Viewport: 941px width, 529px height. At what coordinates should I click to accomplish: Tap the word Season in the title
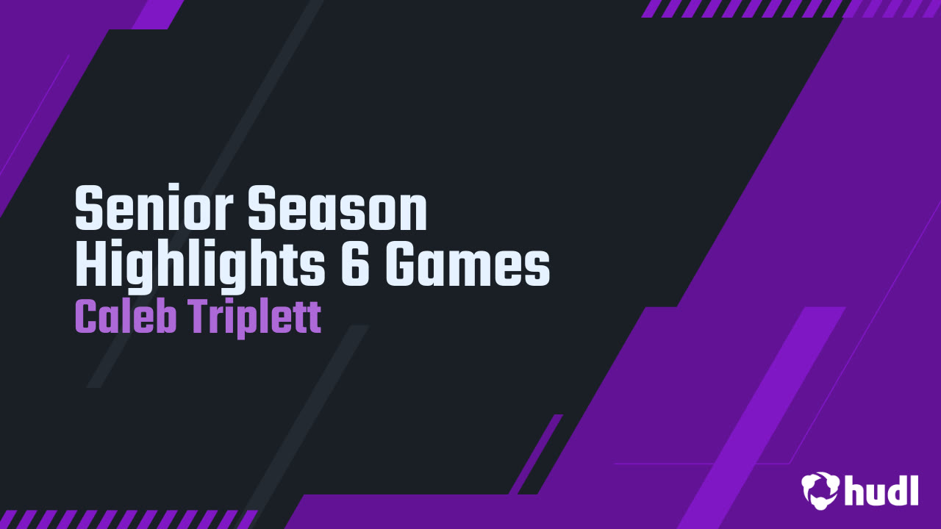pos(337,209)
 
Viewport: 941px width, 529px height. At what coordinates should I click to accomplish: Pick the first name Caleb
pos(126,317)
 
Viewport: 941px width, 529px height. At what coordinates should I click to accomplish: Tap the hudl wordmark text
pos(881,489)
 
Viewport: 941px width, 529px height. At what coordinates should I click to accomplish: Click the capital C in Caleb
pos(87,317)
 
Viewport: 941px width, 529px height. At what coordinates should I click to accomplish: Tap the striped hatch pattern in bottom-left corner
pos(125,519)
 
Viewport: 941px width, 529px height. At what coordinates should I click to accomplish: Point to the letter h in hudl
pos(854,489)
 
